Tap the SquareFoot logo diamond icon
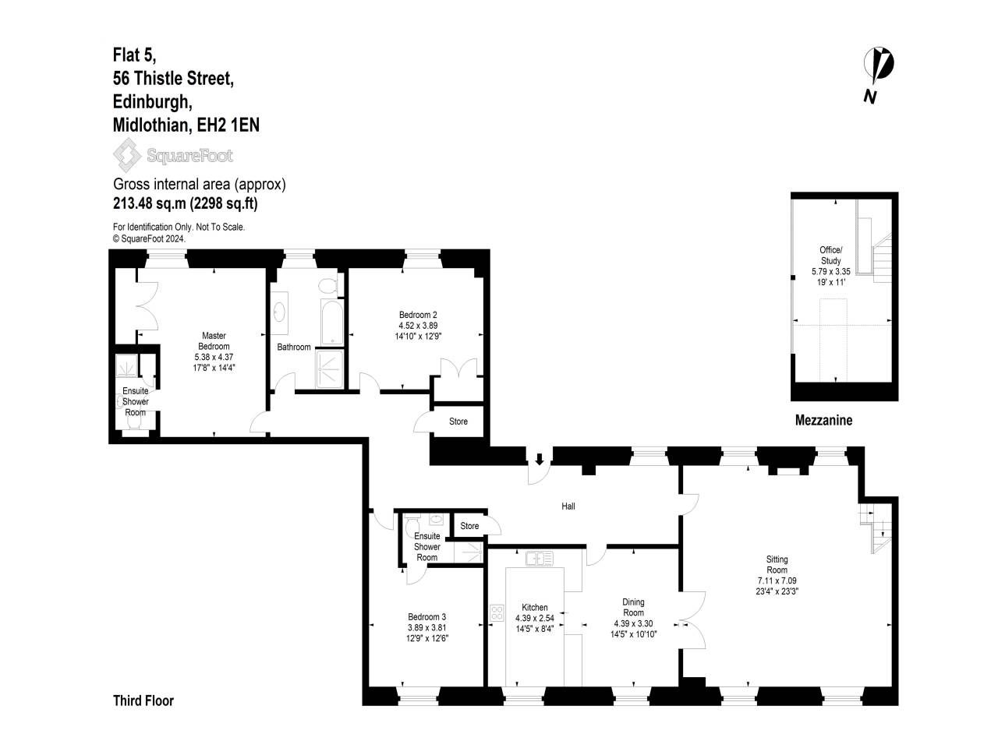coord(127,155)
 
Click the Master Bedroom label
coord(214,340)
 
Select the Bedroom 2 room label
coord(418,314)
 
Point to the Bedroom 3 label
coord(426,617)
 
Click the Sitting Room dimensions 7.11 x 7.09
coord(777,580)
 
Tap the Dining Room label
coord(633,607)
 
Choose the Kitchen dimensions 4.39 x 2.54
coord(534,618)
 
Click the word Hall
coord(568,506)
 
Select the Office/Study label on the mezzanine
coord(830,256)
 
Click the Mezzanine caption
coord(823,420)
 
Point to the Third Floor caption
coord(143,700)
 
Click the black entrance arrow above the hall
coord(540,459)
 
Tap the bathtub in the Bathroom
coord(332,322)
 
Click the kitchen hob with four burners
coord(497,613)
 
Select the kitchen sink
coord(540,558)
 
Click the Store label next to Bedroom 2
coord(458,421)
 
